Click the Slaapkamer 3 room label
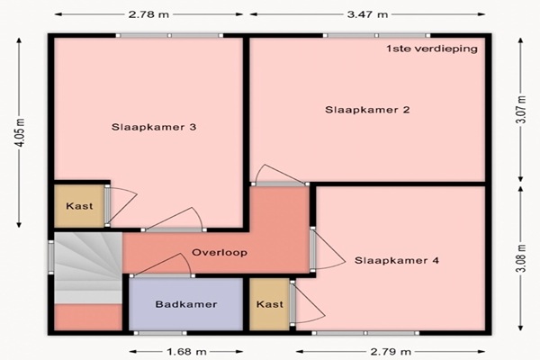154,127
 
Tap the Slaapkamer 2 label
367,110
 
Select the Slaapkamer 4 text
397,260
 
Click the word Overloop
220,253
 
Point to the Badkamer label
186,304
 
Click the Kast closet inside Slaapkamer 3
79,206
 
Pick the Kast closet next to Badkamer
270,304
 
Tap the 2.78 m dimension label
148,14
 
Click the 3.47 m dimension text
367,14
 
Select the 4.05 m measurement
20,132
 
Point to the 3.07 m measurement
521,110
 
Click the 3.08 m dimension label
521,258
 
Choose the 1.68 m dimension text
186,352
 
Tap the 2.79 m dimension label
391,352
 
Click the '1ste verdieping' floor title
432,49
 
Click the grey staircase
88,267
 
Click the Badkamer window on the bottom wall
160,333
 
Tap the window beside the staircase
51,256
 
